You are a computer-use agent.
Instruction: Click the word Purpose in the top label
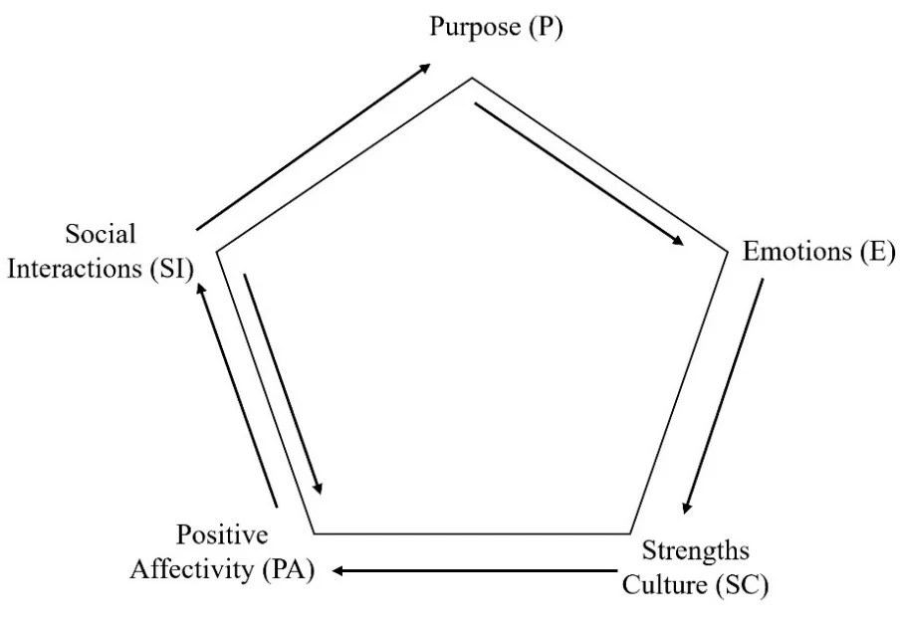click(474, 27)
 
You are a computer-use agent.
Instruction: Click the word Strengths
click(695, 551)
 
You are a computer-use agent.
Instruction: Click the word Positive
click(222, 535)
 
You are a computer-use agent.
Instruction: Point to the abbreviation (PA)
click(291, 569)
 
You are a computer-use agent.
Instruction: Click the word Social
click(101, 235)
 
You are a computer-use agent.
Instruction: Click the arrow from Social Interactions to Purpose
click(314, 146)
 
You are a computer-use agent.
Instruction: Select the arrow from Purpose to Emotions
click(580, 174)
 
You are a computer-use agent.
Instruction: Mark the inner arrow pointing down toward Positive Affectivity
click(283, 381)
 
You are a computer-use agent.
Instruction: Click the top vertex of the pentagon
click(472, 78)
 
